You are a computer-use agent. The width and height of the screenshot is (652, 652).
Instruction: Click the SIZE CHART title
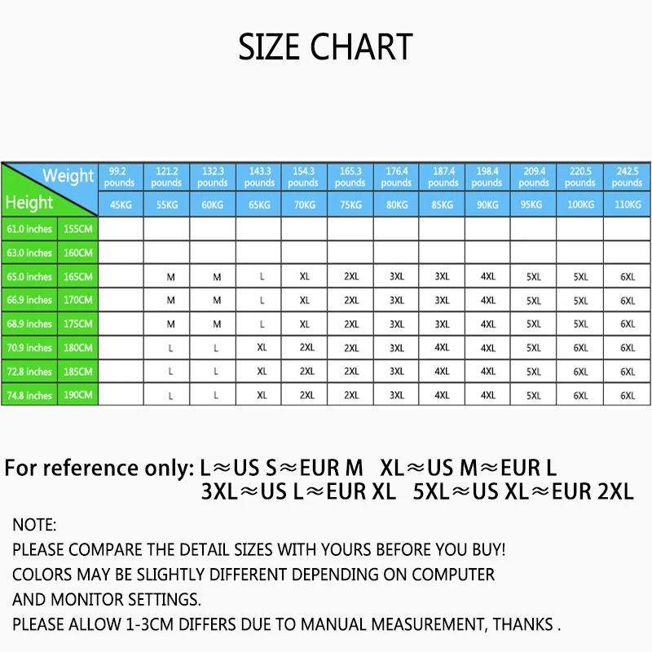325,46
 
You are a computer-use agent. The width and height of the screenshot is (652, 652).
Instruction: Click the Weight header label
68,175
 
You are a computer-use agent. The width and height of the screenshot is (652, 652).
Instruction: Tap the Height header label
29,202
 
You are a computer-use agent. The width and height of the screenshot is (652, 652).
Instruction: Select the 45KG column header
121,205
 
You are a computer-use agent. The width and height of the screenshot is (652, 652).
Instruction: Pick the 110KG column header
627,205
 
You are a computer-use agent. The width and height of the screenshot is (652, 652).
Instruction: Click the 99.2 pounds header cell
119,177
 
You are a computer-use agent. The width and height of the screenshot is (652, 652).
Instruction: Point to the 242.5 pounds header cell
627,177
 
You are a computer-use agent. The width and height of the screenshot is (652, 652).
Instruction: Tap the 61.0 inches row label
29,230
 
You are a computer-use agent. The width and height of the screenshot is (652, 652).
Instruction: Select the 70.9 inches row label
29,348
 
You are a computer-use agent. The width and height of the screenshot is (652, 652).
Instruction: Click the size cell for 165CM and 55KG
171,277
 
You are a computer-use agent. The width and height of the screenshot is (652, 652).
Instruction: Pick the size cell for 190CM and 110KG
627,395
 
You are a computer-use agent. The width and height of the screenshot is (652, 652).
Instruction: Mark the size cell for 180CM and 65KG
262,348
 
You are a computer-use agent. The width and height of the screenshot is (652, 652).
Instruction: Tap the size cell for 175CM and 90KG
487,324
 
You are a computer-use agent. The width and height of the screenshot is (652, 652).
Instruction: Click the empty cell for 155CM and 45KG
121,229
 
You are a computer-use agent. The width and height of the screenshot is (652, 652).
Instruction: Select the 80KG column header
396,205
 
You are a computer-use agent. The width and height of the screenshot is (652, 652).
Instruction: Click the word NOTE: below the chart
34,526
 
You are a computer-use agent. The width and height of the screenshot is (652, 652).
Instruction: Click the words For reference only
99,469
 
